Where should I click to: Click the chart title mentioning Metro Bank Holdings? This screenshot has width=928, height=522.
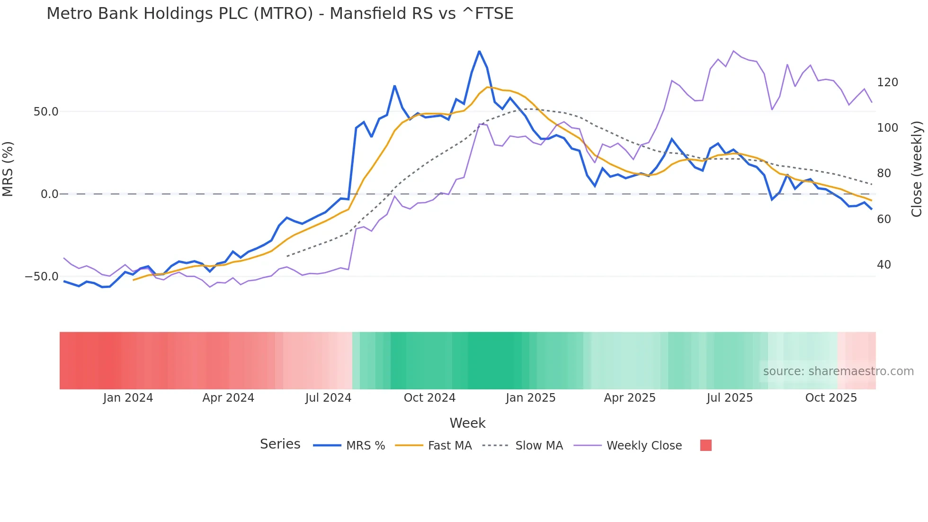(280, 13)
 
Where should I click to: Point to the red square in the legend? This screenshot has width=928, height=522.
(705, 445)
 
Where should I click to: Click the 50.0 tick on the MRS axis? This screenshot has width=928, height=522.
(46, 112)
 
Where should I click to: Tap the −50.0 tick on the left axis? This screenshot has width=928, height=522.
(42, 277)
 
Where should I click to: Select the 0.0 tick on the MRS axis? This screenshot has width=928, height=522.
(49, 194)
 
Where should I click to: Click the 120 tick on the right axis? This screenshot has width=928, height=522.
(887, 82)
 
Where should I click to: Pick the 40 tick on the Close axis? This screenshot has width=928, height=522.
(883, 265)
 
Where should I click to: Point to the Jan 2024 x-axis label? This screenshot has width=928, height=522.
(128, 398)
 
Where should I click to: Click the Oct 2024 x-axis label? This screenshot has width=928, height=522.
(429, 398)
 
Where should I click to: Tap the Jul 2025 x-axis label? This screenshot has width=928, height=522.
(730, 398)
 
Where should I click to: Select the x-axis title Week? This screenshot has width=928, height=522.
(467, 423)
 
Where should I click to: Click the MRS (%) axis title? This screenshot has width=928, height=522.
(8, 169)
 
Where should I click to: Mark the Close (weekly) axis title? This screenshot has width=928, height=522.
(917, 169)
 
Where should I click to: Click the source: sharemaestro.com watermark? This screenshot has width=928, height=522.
(838, 371)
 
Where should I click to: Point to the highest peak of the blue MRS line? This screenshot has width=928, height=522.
(479, 51)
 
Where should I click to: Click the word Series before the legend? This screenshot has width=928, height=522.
(280, 444)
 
